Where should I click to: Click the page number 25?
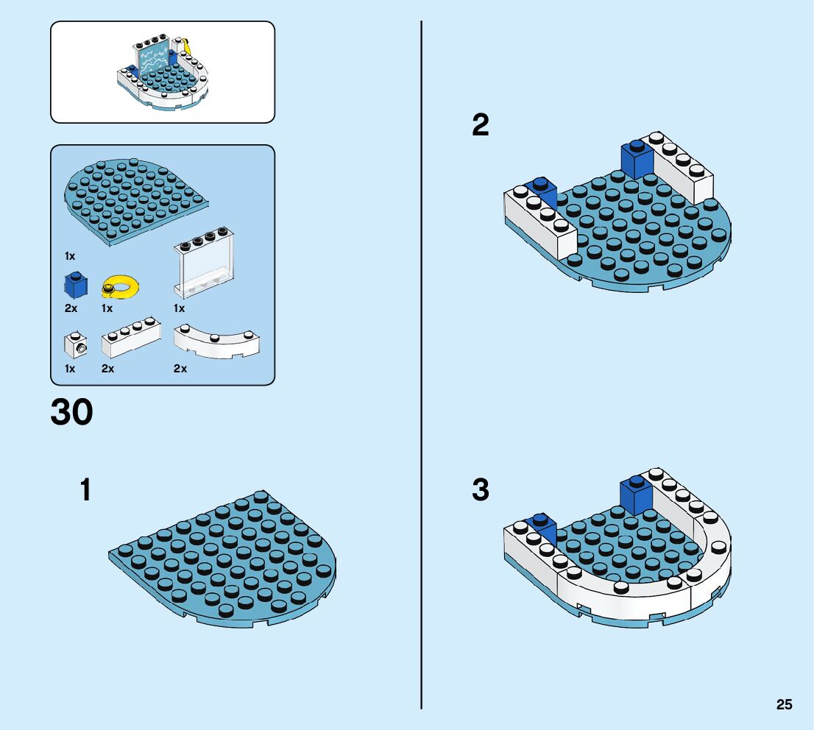784,704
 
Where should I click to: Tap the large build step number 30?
72,413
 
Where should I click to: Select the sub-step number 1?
86,490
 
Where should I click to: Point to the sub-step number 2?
480,125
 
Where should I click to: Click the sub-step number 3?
480,489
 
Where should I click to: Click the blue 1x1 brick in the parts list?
73,284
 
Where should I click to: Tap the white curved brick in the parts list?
216,341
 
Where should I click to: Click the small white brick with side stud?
74,344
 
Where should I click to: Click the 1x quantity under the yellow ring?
107,308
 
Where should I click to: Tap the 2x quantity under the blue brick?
71,308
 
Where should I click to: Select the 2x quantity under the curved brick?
180,369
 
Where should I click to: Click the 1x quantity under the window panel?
179,308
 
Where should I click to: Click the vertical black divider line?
421,368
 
